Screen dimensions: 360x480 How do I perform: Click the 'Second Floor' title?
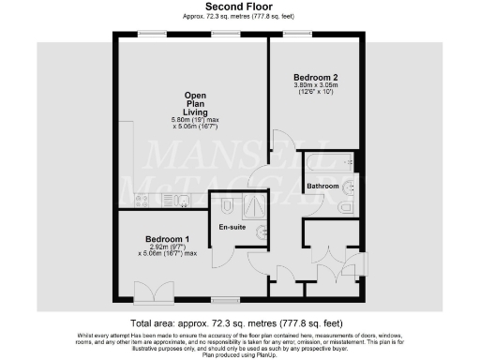point(239,7)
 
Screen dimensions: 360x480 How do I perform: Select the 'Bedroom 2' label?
point(314,76)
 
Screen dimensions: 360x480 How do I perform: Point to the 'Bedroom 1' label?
point(168,239)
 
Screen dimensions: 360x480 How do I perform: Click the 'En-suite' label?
point(232,227)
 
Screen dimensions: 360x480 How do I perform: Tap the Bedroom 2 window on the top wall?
point(299,35)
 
